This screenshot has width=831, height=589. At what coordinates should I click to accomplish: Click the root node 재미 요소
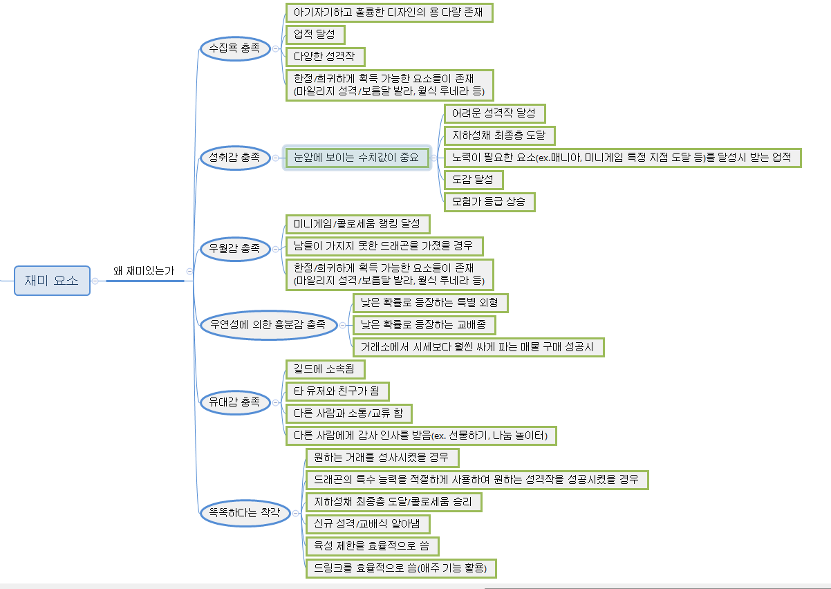52,281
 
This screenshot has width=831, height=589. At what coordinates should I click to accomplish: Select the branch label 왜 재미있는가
144,272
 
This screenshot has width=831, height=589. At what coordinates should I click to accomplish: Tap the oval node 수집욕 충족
234,48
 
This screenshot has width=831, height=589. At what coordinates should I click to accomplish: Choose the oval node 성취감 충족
234,158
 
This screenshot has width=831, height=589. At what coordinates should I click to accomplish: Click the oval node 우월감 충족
234,247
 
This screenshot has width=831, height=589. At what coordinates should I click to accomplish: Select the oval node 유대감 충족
234,402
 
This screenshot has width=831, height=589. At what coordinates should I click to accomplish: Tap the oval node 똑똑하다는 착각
240,513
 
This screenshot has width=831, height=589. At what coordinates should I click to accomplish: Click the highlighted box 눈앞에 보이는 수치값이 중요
357,158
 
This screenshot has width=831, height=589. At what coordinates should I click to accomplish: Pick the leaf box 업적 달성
315,35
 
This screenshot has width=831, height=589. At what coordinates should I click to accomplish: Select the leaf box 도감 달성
473,180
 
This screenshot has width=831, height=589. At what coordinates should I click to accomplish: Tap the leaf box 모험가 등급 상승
489,202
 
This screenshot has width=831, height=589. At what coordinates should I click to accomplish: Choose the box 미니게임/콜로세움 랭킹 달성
357,224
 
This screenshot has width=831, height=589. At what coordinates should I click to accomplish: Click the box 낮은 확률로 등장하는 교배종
424,324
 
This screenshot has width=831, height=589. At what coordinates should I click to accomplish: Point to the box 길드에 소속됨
324,369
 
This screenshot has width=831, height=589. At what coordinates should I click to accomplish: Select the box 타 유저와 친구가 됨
337,391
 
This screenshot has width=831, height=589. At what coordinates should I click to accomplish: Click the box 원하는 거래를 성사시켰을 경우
382,458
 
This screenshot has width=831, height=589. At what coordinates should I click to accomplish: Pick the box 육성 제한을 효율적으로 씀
372,545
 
